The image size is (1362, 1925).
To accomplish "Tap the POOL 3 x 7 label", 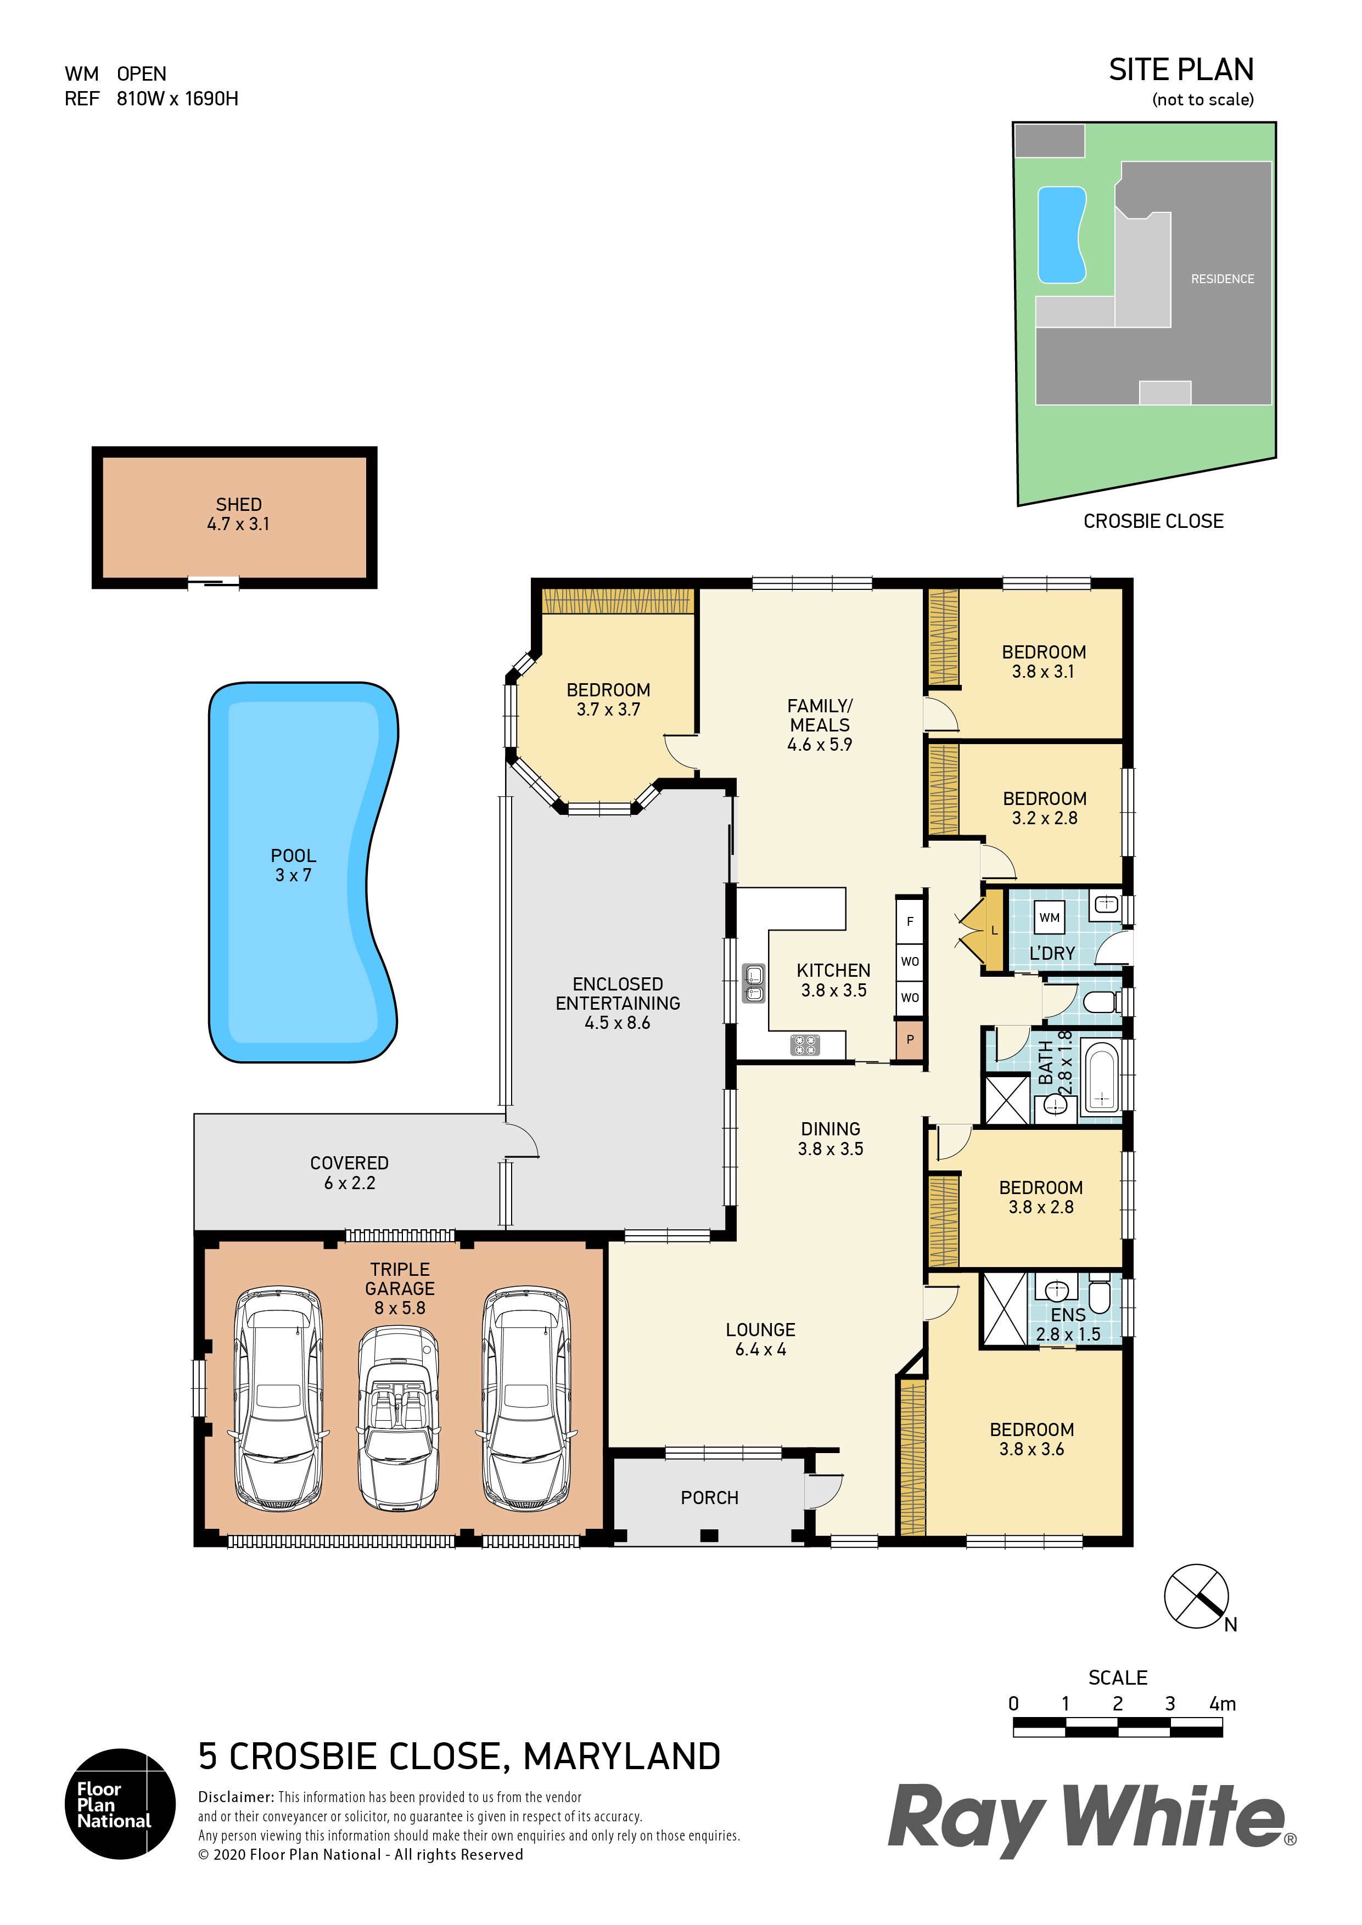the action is click(x=294, y=865).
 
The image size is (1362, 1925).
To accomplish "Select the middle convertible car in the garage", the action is click(x=399, y=1419).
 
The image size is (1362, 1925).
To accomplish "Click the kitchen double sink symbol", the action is click(x=754, y=983).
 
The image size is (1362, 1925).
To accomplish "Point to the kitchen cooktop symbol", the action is click(x=805, y=1045).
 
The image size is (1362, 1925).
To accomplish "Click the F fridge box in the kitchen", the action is click(x=910, y=921).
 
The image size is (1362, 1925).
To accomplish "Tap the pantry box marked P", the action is click(x=910, y=1040).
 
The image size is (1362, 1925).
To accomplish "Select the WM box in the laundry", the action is click(x=1049, y=917).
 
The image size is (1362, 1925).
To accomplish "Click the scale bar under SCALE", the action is click(x=1118, y=1726).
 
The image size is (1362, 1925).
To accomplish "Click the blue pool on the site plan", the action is click(x=1062, y=235).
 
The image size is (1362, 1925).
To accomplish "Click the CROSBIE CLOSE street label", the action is click(x=1153, y=521).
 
